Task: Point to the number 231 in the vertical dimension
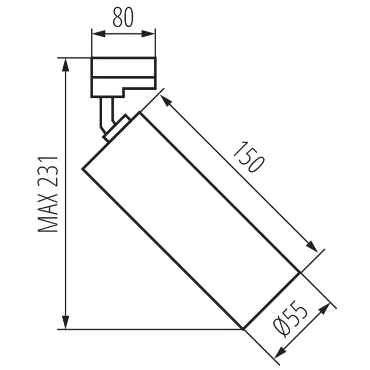(x=48, y=170)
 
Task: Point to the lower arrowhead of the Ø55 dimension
(x=281, y=352)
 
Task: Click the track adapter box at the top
(x=123, y=76)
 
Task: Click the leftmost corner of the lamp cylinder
(x=83, y=168)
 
